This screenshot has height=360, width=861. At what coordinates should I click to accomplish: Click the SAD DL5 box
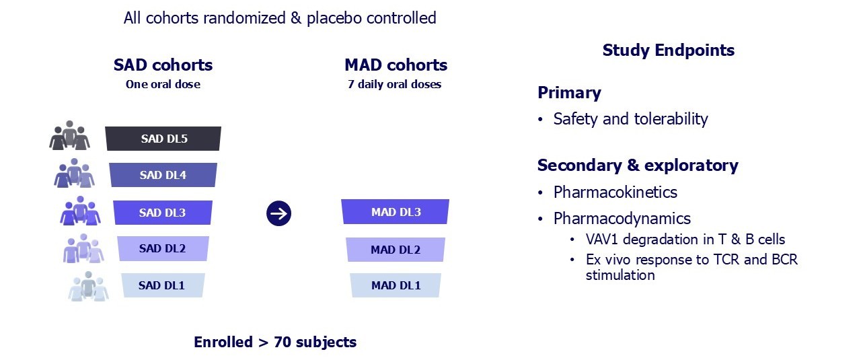coord(163,139)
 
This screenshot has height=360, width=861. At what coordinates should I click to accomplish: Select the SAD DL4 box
coord(163,175)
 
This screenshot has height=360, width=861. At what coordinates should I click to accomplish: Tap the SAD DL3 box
coord(163,213)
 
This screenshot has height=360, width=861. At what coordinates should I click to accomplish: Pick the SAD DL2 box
coord(163,248)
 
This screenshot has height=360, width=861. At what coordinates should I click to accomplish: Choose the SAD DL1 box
coord(162,285)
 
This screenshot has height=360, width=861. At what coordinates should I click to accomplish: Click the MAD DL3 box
coord(396,212)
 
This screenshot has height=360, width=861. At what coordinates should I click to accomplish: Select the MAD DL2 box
coord(396,250)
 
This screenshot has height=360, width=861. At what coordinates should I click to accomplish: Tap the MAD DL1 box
coord(396,285)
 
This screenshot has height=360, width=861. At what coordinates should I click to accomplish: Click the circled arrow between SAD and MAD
coord(278,214)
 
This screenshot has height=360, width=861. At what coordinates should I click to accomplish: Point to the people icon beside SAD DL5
coord(70,136)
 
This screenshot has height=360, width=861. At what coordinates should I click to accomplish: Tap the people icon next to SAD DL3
coord(80,211)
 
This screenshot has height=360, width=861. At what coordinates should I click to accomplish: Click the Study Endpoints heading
coord(668,50)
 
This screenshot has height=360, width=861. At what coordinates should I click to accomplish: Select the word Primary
coord(569,93)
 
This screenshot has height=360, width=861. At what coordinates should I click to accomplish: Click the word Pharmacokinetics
coord(615,192)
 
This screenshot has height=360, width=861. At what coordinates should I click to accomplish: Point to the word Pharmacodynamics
coord(622,219)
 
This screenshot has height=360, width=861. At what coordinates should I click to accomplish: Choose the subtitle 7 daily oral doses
coord(395,85)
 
